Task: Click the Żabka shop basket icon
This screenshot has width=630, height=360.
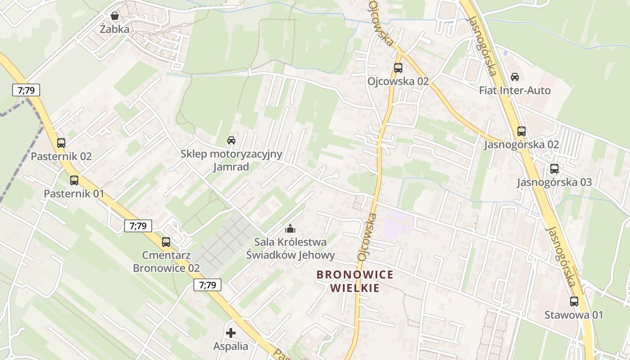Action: click(x=115, y=16)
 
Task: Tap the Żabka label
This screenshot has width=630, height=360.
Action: click(x=115, y=30)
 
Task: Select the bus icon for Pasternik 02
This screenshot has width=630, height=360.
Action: click(x=61, y=143)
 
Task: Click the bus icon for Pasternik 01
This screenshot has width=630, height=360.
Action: click(x=74, y=180)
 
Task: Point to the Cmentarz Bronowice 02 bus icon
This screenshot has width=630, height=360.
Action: click(x=166, y=242)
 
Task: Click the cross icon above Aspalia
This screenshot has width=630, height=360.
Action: click(x=231, y=333)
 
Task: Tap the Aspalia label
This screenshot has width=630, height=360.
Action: click(x=231, y=346)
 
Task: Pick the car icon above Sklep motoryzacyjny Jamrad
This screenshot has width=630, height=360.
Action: click(x=231, y=140)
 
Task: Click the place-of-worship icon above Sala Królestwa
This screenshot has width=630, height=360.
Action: click(x=290, y=229)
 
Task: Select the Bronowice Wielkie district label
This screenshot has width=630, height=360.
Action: click(x=355, y=281)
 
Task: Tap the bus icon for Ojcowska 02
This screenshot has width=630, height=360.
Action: click(x=398, y=68)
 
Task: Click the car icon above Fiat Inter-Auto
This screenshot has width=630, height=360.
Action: click(x=515, y=77)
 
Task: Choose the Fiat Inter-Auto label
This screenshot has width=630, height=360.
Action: click(x=515, y=90)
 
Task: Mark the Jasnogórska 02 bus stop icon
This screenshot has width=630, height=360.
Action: click(x=522, y=131)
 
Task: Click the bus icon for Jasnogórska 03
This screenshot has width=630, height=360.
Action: click(x=554, y=169)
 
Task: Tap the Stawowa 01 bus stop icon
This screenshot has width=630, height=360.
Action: click(x=574, y=301)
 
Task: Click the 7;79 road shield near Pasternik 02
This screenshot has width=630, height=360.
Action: click(x=26, y=90)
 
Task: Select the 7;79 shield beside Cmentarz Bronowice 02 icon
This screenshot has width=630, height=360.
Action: click(x=138, y=226)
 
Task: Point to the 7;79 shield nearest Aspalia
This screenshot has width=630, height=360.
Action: click(x=207, y=285)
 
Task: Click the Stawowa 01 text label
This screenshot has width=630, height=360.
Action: click(x=574, y=315)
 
